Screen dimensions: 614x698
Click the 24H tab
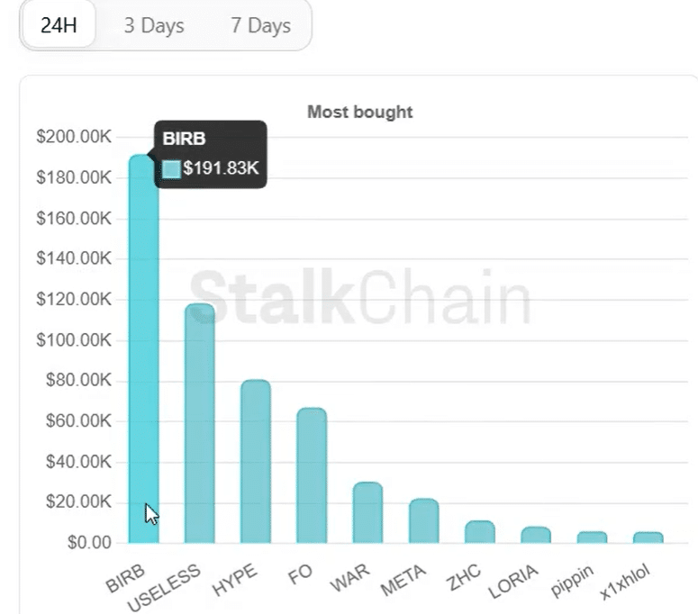tap(59, 25)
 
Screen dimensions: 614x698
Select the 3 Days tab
tap(153, 25)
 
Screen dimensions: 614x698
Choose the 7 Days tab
tap(260, 25)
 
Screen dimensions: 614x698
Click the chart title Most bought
tap(359, 113)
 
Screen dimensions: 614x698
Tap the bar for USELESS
tap(199, 423)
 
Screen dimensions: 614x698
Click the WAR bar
tap(367, 512)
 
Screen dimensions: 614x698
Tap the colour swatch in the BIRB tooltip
tap(171, 168)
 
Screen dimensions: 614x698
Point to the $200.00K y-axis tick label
tap(74, 137)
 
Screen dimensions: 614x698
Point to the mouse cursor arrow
tap(151, 513)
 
